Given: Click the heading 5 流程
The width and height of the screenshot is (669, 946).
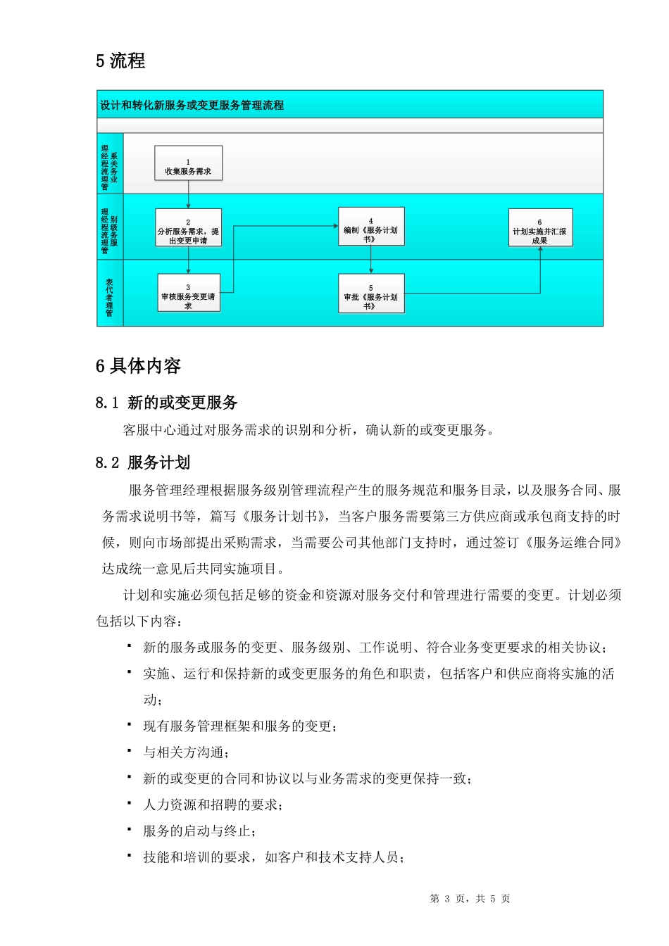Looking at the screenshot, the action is click(x=120, y=61).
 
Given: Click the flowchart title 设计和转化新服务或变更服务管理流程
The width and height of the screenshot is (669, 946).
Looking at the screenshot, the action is click(x=192, y=106).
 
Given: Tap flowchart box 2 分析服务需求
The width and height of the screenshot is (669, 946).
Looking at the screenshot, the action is click(x=188, y=227).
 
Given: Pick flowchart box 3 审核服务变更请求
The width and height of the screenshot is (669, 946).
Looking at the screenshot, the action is click(x=188, y=293).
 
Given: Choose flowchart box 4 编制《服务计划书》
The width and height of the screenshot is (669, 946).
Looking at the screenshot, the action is click(x=371, y=227).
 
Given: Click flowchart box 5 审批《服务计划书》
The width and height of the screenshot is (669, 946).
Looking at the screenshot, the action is click(x=371, y=294).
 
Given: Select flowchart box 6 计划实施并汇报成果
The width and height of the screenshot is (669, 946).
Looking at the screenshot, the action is click(x=540, y=228).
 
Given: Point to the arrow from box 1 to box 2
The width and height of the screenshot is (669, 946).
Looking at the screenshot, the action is click(x=188, y=194).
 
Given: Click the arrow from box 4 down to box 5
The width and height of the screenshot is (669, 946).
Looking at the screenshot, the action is click(x=371, y=259).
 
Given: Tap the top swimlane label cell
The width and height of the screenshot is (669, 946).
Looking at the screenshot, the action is click(x=110, y=163).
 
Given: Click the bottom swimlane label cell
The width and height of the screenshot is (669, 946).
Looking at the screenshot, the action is click(x=110, y=293).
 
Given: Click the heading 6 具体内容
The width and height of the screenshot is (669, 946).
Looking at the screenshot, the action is click(x=138, y=366).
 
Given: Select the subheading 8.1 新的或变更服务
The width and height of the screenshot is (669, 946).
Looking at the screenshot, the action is click(x=167, y=403).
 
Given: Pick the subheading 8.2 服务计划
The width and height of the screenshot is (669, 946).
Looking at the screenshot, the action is click(x=143, y=462).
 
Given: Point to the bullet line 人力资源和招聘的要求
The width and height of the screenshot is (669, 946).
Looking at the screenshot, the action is click(x=213, y=805).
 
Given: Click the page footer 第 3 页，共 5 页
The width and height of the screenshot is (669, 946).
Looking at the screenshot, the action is click(x=470, y=899).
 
